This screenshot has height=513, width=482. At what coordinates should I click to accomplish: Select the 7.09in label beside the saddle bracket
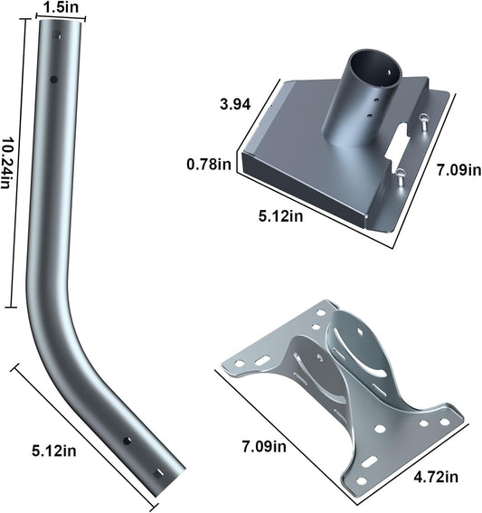265,446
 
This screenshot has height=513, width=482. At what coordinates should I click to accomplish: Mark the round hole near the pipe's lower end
128,441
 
